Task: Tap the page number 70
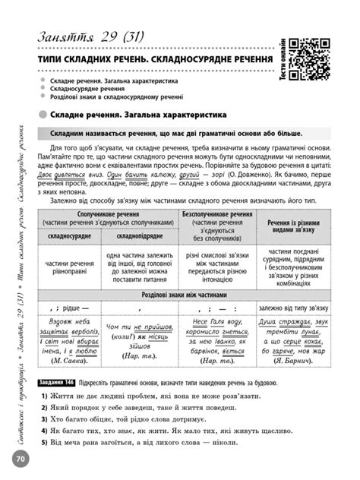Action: click(x=20, y=458)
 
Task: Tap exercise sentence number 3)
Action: click(x=45, y=418)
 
